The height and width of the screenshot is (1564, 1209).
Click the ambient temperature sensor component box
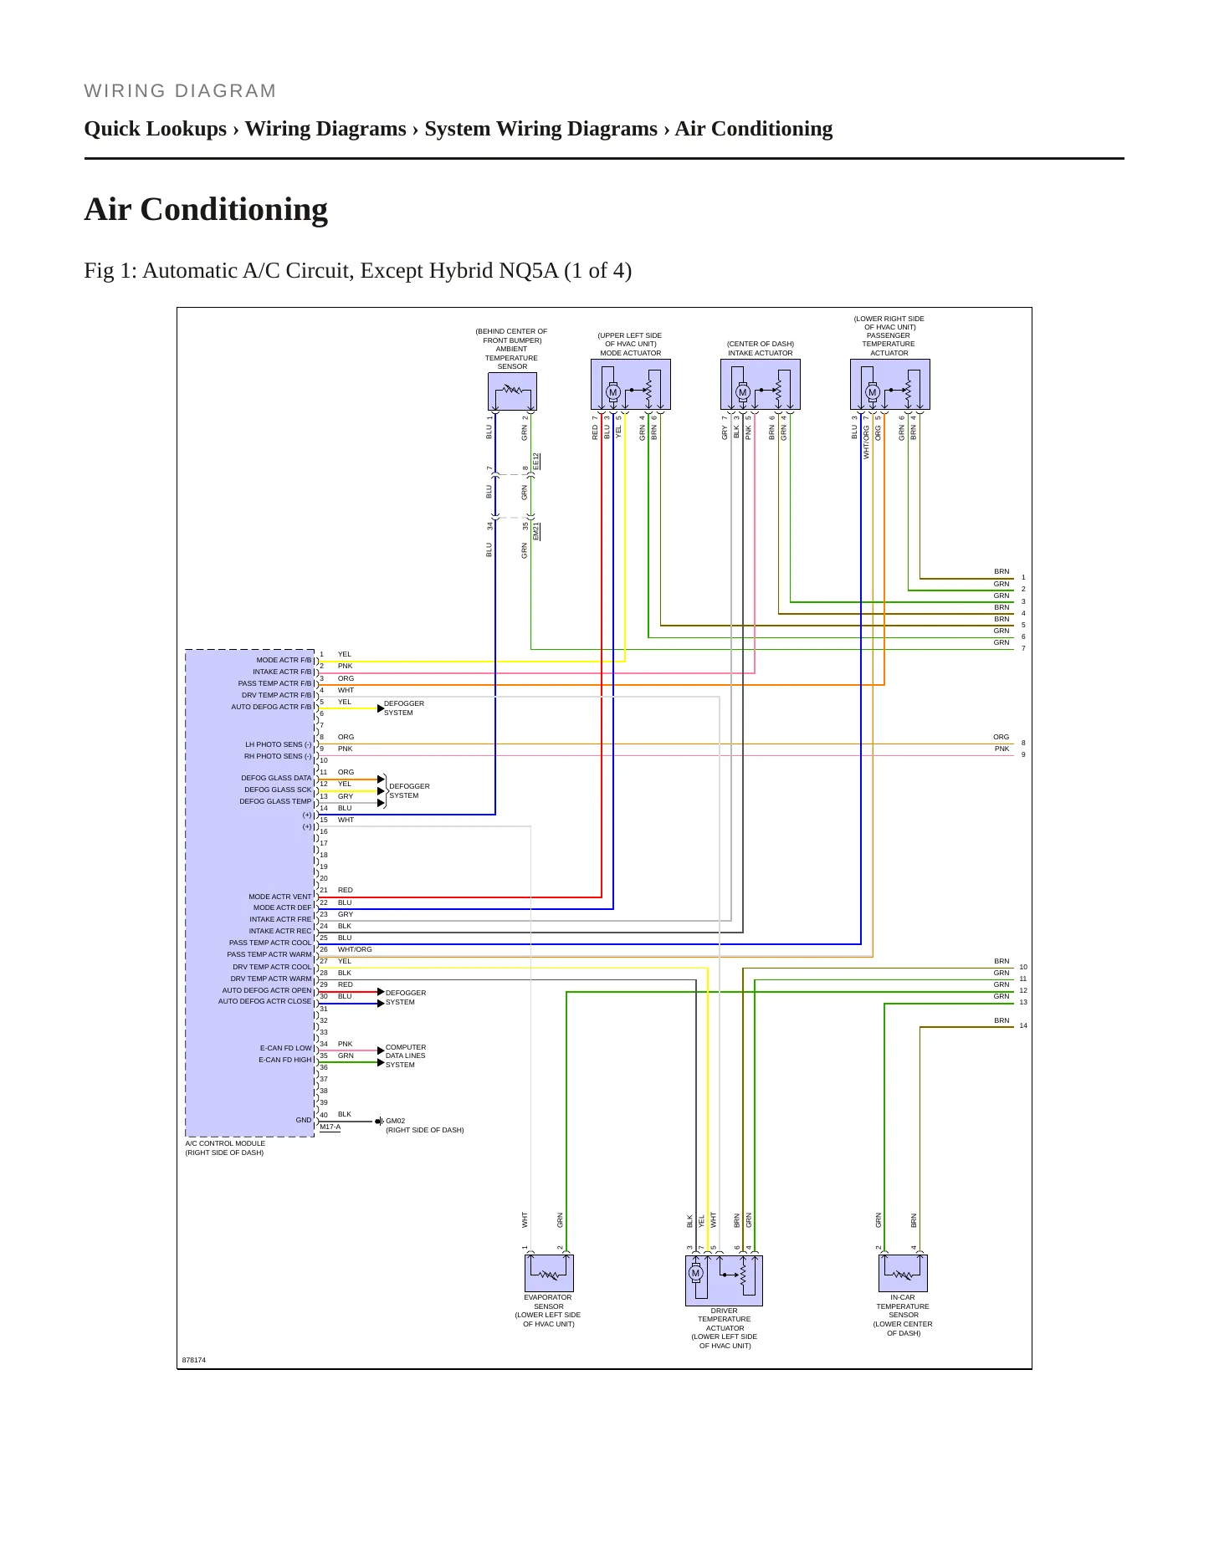click(x=512, y=391)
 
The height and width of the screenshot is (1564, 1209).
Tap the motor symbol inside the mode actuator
click(x=612, y=392)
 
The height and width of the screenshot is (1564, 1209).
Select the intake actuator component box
click(x=761, y=385)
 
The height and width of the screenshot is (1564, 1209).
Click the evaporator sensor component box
click(x=549, y=1273)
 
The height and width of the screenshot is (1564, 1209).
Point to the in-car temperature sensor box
click(x=903, y=1273)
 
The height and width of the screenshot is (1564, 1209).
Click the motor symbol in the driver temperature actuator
click(x=695, y=1274)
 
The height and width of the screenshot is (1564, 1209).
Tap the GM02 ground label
click(x=395, y=1121)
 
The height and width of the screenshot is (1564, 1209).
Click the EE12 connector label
click(x=536, y=461)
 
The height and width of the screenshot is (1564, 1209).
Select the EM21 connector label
click(x=536, y=531)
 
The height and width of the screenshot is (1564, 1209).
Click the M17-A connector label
click(x=330, y=1127)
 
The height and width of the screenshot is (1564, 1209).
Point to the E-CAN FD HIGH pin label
click(x=285, y=1060)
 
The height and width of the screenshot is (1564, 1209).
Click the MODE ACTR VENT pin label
click(x=280, y=897)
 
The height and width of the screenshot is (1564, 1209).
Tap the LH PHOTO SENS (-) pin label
click(x=279, y=744)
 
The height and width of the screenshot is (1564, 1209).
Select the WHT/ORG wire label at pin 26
click(x=355, y=949)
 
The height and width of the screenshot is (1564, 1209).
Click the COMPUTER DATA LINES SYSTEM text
click(x=406, y=1055)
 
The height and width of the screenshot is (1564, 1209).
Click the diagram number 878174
click(x=194, y=1360)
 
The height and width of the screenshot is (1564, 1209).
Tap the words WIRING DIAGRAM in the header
click(x=180, y=91)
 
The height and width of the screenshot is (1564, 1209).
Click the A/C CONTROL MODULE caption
click(x=225, y=1143)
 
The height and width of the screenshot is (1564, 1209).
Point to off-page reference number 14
click(x=1023, y=1025)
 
